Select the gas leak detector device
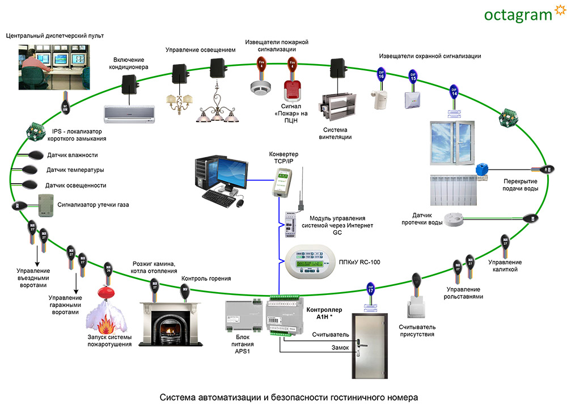pos(45,204)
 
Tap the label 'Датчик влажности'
pos(71,155)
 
